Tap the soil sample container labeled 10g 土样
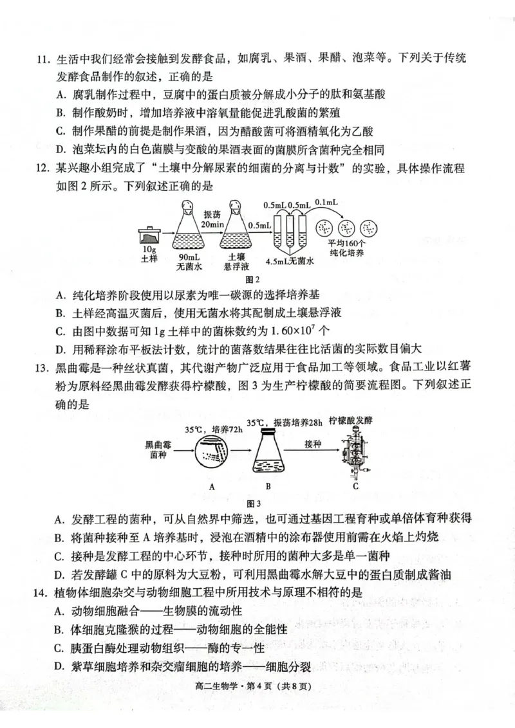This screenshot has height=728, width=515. (x=149, y=234)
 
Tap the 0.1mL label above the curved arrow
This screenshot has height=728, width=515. (x=326, y=202)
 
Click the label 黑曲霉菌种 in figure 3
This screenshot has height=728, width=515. (x=159, y=450)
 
